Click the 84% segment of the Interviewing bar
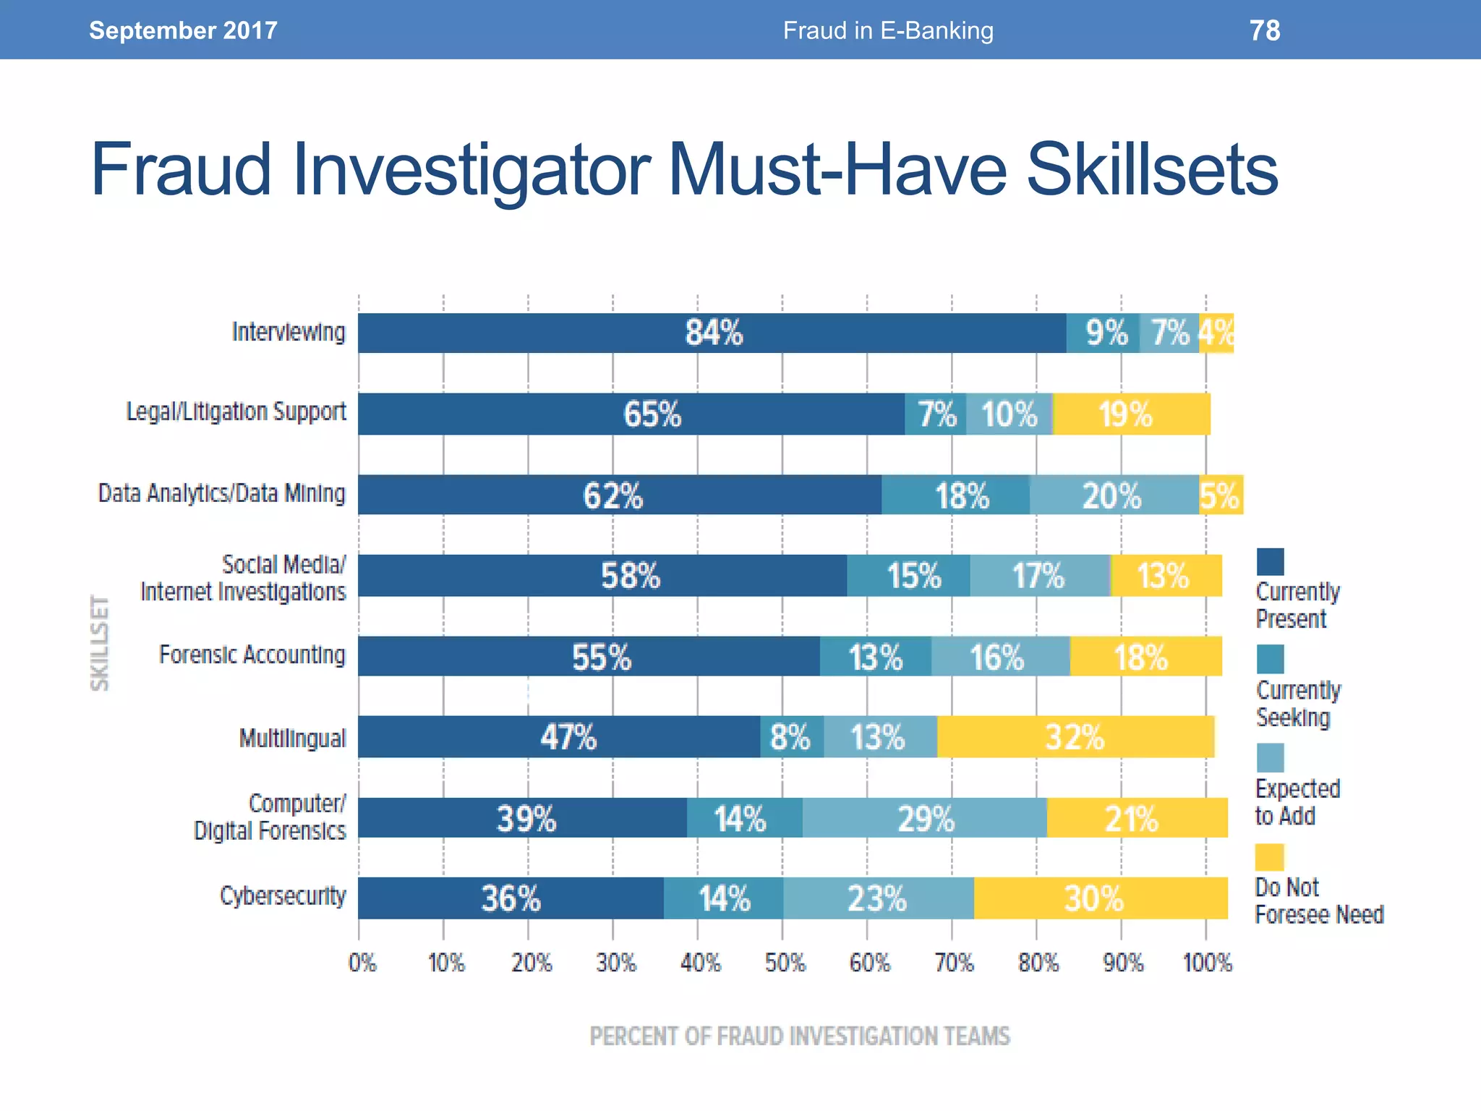[x=712, y=333]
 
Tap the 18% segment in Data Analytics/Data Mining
[x=956, y=495]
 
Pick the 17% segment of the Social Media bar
[x=1039, y=576]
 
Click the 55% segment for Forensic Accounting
[x=589, y=657]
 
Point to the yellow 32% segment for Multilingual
[x=1075, y=737]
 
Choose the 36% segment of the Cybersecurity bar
[x=511, y=898]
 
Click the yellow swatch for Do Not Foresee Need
[x=1269, y=857]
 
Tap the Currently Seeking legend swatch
[x=1270, y=660]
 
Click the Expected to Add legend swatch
[x=1270, y=758]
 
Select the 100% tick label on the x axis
[x=1207, y=963]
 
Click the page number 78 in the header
[x=1264, y=30]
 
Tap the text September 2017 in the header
[x=183, y=30]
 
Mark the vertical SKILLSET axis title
[x=101, y=643]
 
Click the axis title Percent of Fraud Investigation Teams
[x=800, y=1036]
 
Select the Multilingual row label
[x=292, y=738]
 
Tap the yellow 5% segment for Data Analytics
[x=1221, y=495]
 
